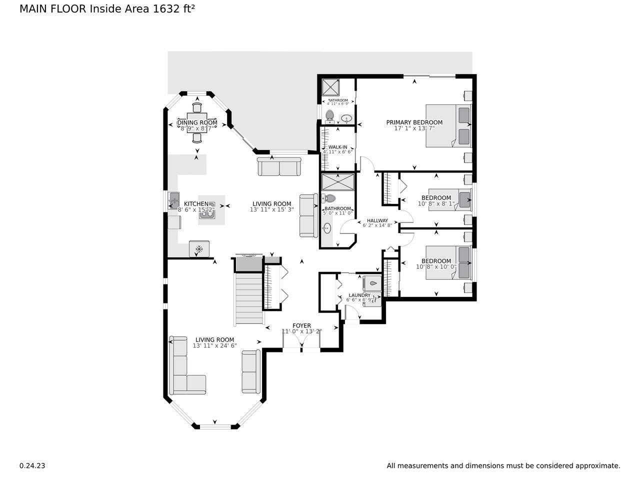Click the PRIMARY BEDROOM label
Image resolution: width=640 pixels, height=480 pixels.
414,122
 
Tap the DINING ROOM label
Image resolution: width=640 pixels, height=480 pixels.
197,122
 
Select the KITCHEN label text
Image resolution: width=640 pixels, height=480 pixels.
196,204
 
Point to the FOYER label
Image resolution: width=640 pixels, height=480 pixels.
301,326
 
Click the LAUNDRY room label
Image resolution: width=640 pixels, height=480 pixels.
359,295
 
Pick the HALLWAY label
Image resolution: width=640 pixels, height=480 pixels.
377,220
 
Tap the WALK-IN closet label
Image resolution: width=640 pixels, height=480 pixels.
337,147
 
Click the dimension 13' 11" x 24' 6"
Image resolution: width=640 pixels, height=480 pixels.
214,345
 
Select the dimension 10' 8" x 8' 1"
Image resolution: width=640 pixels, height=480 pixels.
436,204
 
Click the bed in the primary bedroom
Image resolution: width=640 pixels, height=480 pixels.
448,125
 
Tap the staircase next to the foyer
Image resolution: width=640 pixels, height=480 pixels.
248,297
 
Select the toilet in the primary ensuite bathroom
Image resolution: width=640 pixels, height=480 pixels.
329,116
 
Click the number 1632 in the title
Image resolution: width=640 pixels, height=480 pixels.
166,9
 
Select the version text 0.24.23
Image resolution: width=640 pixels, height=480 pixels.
32,465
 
